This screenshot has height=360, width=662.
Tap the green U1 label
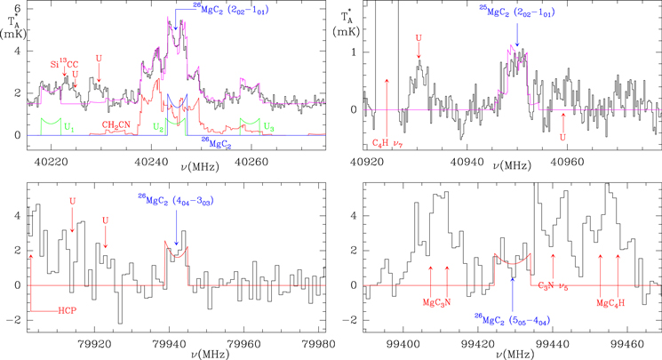coord(67,127)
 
